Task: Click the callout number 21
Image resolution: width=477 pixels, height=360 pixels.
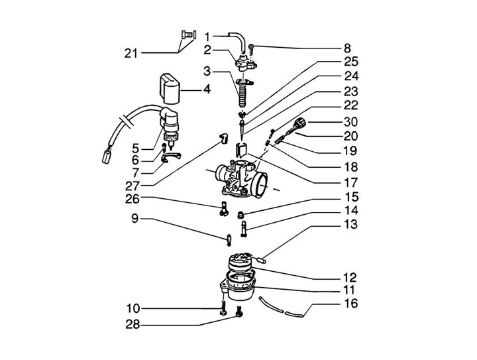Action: pyautogui.click(x=131, y=54)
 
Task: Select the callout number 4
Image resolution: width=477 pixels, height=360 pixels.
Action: pyautogui.click(x=207, y=90)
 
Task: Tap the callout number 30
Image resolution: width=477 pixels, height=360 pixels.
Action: pyautogui.click(x=350, y=122)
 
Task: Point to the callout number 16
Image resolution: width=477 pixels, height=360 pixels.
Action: pyautogui.click(x=350, y=304)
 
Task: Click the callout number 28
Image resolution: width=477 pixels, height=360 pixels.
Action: pyautogui.click(x=132, y=324)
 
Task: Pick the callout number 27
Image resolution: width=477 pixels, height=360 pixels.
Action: pyautogui.click(x=132, y=186)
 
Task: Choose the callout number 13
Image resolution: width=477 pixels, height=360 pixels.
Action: pyautogui.click(x=350, y=224)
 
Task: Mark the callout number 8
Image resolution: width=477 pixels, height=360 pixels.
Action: pyautogui.click(x=347, y=48)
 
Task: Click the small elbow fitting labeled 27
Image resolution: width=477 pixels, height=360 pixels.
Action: pyautogui.click(x=224, y=138)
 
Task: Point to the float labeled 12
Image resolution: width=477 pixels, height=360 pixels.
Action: pyautogui.click(x=240, y=263)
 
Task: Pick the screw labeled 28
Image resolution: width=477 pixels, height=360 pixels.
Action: pyautogui.click(x=239, y=312)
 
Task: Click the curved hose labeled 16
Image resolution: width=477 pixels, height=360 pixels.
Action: pyautogui.click(x=281, y=308)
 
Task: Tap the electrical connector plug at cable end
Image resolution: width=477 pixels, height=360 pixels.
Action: pyautogui.click(x=106, y=156)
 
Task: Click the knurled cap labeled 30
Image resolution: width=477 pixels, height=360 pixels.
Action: pyautogui.click(x=299, y=123)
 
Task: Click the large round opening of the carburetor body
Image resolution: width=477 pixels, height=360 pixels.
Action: pyautogui.click(x=260, y=184)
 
